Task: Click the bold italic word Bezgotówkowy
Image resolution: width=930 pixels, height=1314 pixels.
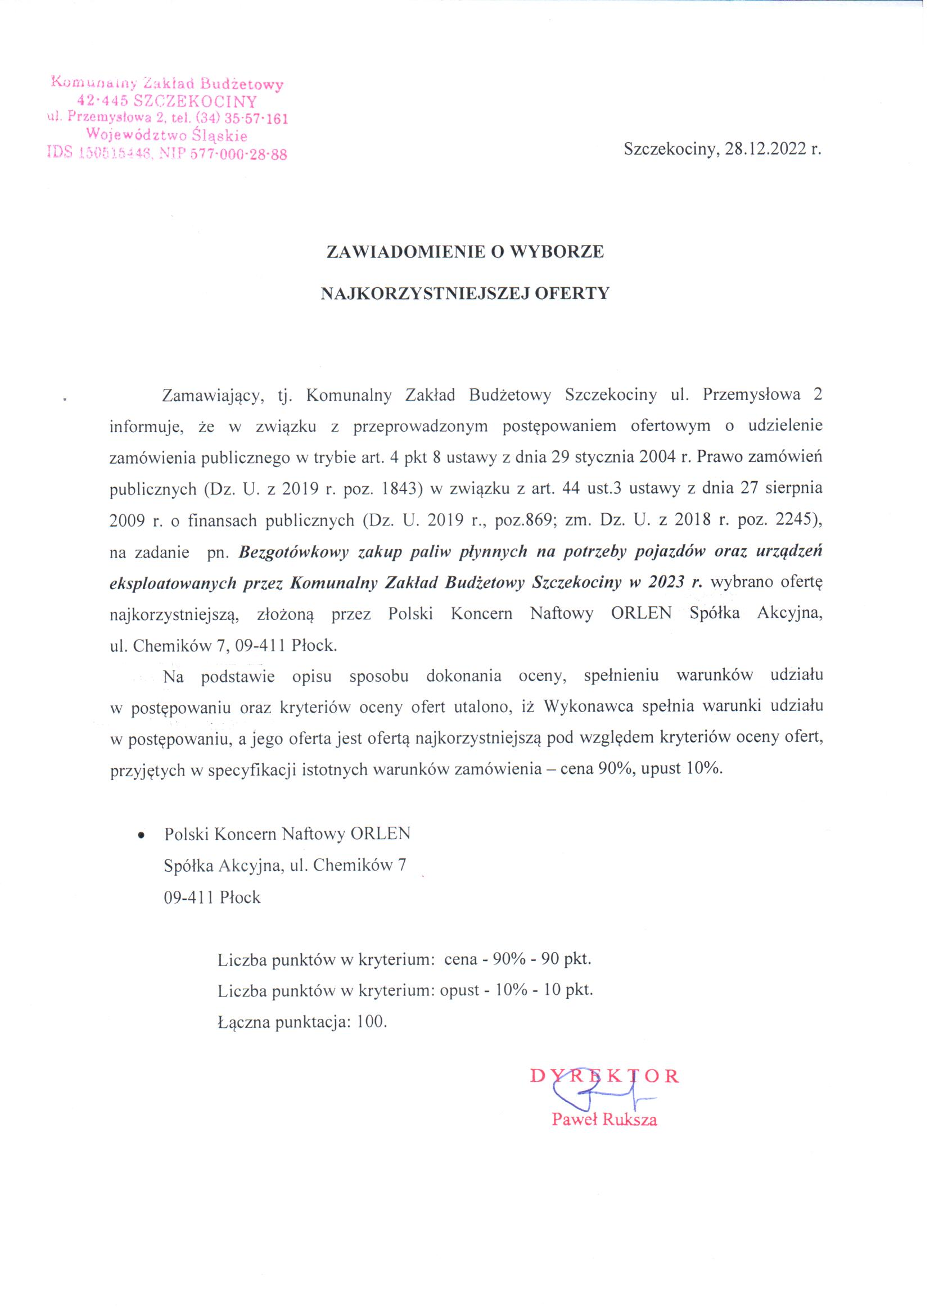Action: coord(288,552)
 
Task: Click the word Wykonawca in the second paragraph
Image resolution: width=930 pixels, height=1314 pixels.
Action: coord(588,707)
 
